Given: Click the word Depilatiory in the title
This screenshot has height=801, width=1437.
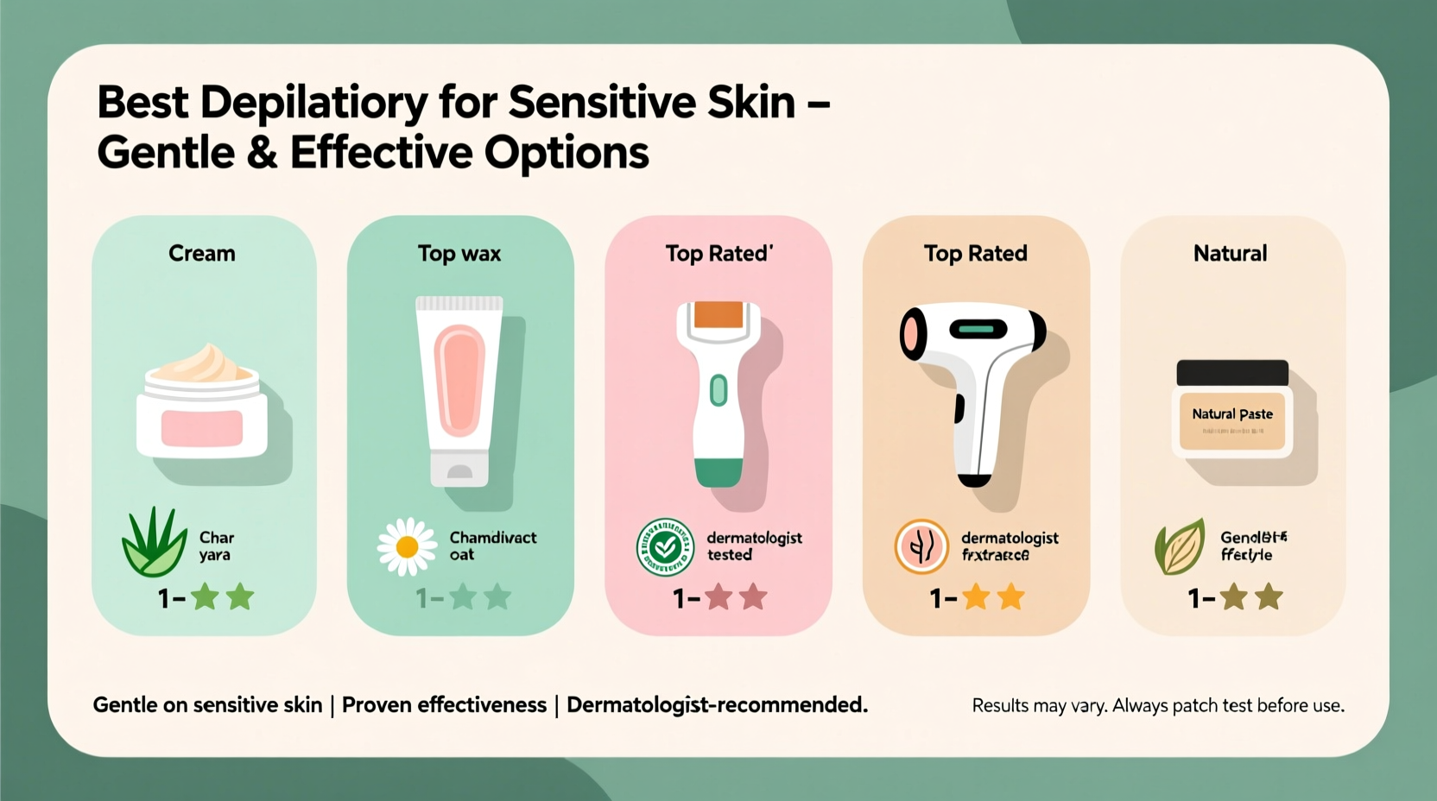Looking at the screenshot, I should tap(313, 104).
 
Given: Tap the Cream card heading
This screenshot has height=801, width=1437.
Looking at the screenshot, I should tap(202, 253).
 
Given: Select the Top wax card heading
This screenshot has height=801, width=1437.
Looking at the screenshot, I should tap(459, 253).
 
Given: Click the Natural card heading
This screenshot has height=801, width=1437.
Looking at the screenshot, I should tap(1230, 253).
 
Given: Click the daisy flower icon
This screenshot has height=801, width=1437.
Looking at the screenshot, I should tap(407, 546).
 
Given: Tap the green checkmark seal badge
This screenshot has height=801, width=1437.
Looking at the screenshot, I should tap(665, 547).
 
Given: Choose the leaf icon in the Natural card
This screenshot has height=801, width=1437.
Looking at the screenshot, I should tap(1180, 546).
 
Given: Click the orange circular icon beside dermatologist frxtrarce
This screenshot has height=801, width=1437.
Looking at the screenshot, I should tap(921, 546).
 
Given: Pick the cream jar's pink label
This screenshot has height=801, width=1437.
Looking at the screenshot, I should tap(202, 428).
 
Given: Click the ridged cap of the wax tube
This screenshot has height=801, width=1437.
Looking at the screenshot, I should tap(459, 303).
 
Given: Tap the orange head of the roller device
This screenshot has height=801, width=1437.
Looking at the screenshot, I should tap(718, 314).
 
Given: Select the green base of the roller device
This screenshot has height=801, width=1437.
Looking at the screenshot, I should tap(718, 472).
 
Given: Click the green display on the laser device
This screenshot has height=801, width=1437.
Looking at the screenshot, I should tap(978, 329).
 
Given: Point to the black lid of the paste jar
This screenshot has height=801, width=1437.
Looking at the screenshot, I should tap(1232, 373).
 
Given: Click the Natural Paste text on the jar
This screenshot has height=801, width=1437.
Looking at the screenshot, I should tap(1232, 414).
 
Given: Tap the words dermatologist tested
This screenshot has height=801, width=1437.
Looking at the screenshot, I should tap(754, 546).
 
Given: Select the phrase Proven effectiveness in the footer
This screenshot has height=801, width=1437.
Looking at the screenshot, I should tap(444, 705).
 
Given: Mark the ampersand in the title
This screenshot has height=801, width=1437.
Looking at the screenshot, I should tap(262, 154).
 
